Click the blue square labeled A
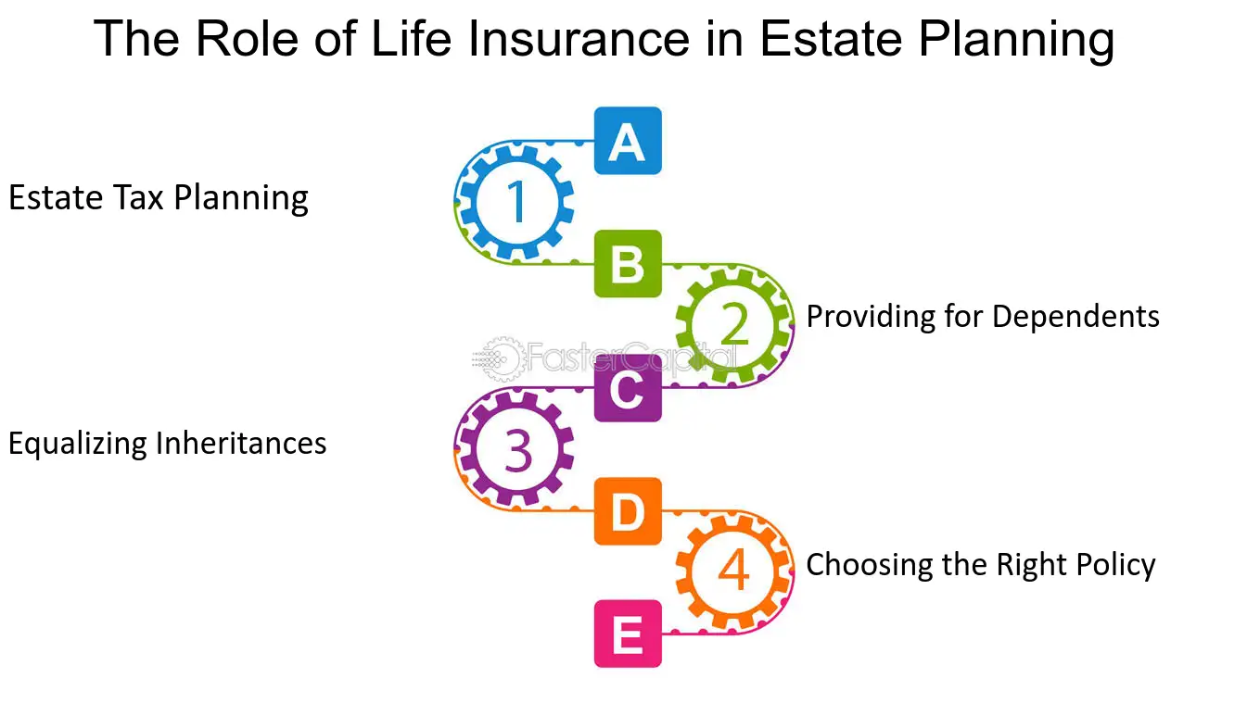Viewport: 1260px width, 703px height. [x=628, y=141]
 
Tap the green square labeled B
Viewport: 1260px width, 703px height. [x=628, y=264]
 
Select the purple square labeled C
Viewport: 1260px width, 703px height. [x=628, y=388]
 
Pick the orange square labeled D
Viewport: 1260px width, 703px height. [x=628, y=511]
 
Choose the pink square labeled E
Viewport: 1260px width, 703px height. [x=628, y=634]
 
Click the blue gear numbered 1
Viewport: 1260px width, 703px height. [x=515, y=201]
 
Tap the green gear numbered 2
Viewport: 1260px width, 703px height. [x=734, y=324]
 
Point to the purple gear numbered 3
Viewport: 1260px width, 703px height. [x=515, y=449]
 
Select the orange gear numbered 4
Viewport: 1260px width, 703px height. [x=734, y=571]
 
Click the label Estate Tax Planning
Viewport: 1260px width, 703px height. [x=159, y=198]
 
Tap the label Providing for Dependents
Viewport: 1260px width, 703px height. [x=983, y=317]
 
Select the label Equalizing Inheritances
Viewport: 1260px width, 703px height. [x=168, y=444]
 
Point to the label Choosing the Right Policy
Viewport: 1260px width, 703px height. [x=981, y=564]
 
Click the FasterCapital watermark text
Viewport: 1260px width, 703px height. [x=630, y=356]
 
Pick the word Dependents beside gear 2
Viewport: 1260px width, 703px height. [x=1076, y=317]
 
